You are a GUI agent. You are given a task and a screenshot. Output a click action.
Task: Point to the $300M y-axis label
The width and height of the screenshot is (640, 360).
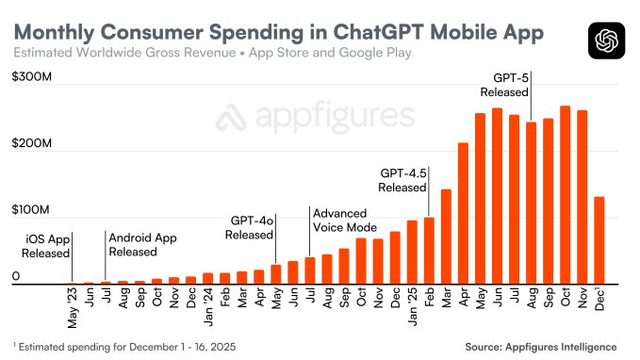coord(30,80)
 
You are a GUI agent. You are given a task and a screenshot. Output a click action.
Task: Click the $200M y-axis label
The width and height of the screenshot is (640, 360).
coord(30,149)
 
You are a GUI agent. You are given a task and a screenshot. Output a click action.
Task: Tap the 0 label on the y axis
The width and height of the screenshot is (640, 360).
coord(16,276)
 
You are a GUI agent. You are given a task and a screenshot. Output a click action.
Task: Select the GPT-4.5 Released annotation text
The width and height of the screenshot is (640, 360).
coord(403,181)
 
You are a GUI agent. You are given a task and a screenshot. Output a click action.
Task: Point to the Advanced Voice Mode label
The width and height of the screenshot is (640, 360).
coord(345,221)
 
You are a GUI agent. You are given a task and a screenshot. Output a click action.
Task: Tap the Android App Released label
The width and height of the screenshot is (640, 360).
coord(142,245)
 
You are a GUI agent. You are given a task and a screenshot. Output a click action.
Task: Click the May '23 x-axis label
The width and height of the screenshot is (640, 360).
coord(73,307)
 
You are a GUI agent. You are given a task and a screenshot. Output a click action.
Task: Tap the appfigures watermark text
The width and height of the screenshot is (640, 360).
coord(316,118)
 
